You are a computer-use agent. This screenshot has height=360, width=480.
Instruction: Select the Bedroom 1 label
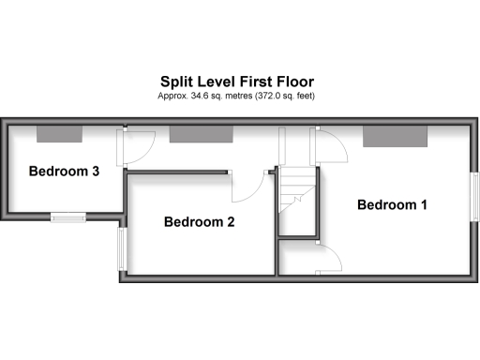pyautogui.click(x=392, y=204)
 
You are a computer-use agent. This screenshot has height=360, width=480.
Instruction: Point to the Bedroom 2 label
pyautogui.click(x=199, y=222)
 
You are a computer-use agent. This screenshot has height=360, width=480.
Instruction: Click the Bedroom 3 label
pyautogui.click(x=64, y=172)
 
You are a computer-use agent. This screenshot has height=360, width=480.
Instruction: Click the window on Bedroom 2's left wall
pyautogui.click(x=121, y=250)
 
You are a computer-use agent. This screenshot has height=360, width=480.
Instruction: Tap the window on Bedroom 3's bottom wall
pyautogui.click(x=67, y=217)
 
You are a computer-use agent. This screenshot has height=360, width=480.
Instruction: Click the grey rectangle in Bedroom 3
pyautogui.click(x=59, y=135)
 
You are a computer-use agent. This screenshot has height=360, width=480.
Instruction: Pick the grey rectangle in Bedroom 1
pyautogui.click(x=395, y=137)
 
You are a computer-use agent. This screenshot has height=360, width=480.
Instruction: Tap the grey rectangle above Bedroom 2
pyautogui.click(x=202, y=135)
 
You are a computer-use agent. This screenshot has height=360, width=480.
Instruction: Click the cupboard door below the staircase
pyautogui.click(x=330, y=257)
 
